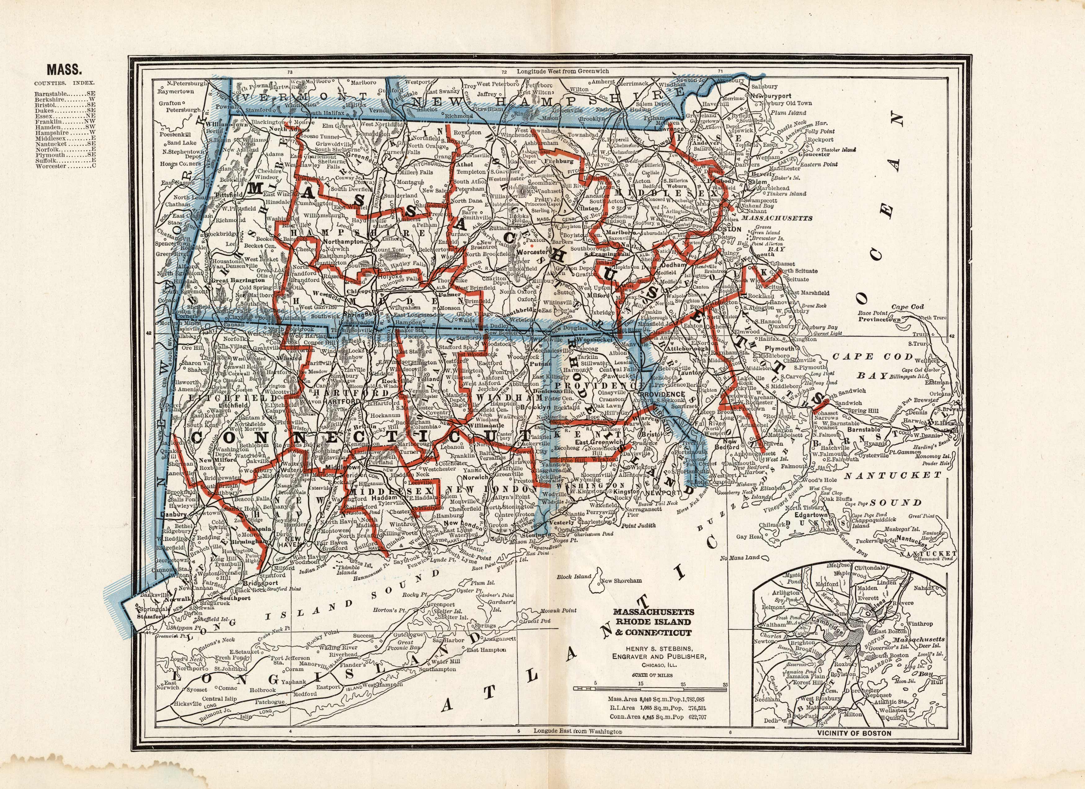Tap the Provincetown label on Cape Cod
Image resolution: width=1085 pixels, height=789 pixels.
tap(879, 319)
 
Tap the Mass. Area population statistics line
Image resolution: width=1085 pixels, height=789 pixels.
tap(657, 699)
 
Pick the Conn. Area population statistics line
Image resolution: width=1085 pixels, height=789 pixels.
tap(657, 717)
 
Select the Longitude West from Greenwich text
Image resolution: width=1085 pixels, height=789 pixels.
tap(563, 71)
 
